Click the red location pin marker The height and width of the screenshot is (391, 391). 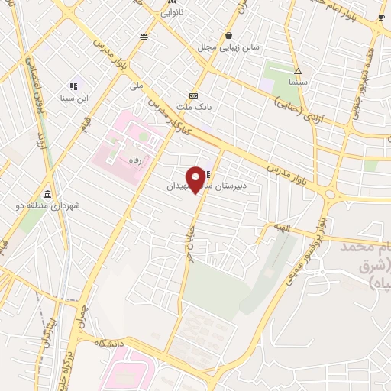coord(196,179)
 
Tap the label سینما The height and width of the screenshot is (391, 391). coord(298,79)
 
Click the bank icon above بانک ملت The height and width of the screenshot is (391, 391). coord(194,95)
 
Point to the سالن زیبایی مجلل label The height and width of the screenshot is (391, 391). coord(229,47)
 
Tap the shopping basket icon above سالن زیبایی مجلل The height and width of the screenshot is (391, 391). coord(229,35)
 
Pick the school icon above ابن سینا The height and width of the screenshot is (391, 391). coord(73,86)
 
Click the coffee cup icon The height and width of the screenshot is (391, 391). coord(381,17)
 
